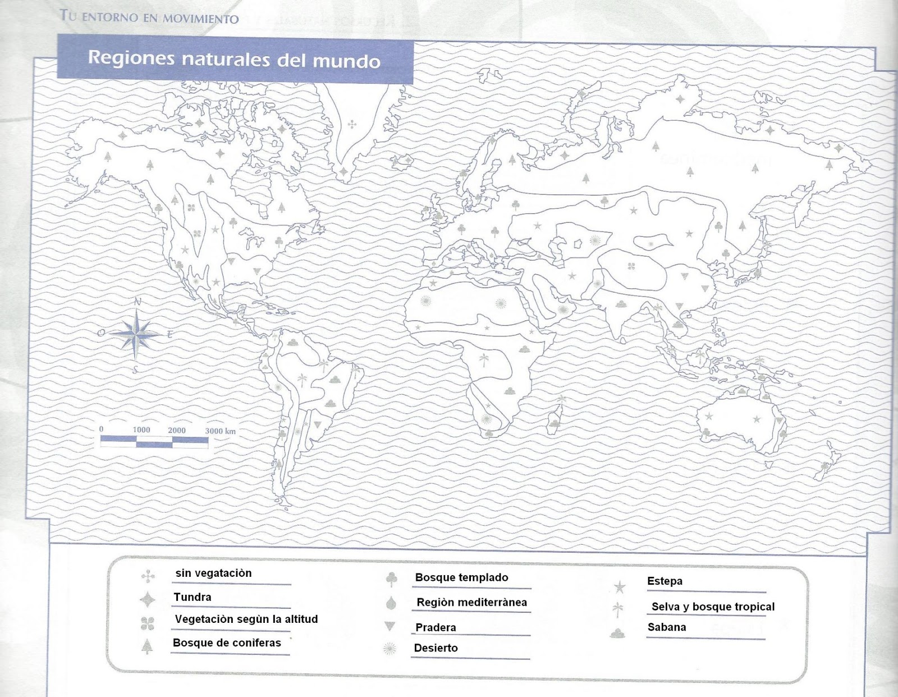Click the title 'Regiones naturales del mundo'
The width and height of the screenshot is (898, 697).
pos(234,59)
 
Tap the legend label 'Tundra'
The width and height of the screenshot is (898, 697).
pos(193,597)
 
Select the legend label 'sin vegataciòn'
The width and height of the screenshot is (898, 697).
pos(213,573)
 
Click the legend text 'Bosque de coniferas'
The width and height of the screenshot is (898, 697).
pos(227,643)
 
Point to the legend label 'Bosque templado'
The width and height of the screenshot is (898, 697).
pos(461,577)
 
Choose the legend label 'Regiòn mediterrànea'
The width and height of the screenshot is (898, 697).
pos(471,603)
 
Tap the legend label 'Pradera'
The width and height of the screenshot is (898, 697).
pos(436,627)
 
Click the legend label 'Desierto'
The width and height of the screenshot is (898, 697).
pos(436,648)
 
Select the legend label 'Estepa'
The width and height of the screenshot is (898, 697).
pos(665,581)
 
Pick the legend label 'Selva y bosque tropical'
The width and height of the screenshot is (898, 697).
pos(713,607)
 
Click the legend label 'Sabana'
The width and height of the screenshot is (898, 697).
pos(666,627)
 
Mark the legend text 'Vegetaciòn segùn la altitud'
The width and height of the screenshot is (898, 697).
pos(246,619)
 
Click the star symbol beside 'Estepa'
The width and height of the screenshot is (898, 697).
pos(620,587)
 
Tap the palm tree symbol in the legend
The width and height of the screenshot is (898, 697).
pos(618,609)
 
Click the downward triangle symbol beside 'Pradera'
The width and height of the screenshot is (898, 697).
pos(390,626)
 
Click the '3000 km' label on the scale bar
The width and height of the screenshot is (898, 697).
pos(220,431)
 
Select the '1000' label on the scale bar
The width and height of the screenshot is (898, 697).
pos(141,430)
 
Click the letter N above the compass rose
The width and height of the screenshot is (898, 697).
pos(138,302)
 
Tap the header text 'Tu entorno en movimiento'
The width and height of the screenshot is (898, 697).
pos(149,17)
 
